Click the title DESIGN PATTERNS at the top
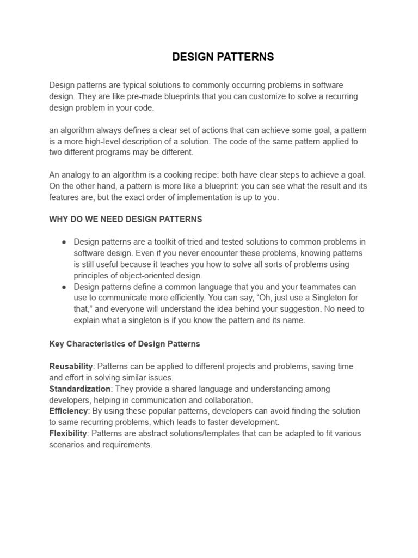coord(223,57)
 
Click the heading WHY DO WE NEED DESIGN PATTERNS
coord(126,219)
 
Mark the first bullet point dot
coord(64,242)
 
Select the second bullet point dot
coord(64,287)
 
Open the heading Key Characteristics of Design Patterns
coord(125,344)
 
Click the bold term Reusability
coord(71,367)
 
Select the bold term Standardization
coord(80,389)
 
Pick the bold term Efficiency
coord(69,411)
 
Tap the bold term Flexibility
coord(68,434)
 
